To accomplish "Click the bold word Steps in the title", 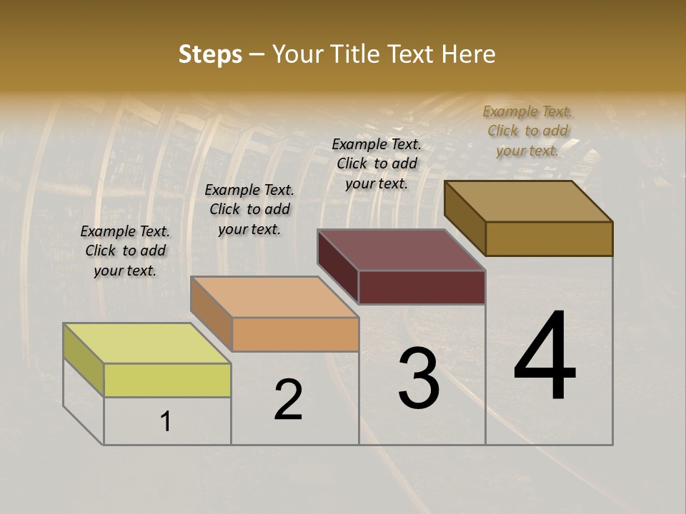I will (210, 54).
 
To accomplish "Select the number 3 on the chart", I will (419, 378).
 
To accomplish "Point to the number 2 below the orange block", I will (289, 400).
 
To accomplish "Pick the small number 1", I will (166, 422).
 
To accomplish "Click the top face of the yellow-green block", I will (147, 343).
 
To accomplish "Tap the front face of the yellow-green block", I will (167, 380).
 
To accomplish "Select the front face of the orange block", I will (295, 334).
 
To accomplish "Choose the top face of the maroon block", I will (402, 250).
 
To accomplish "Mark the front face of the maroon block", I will (422, 287).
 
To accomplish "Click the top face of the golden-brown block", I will (529, 201).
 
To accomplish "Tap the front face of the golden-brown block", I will (549, 238).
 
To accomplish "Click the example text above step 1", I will (125, 251).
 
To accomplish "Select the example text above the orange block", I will (249, 209).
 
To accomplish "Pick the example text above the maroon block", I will (377, 163).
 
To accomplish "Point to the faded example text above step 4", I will (527, 131).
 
